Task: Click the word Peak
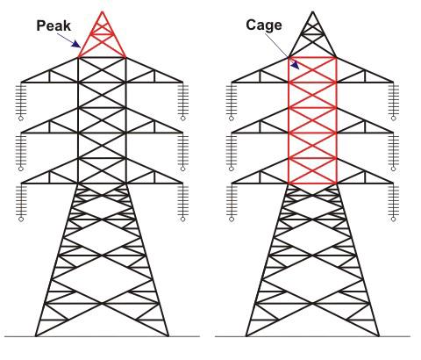[x=54, y=25]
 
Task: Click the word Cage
[x=264, y=25]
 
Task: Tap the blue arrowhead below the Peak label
[x=76, y=44]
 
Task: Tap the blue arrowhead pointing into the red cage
[x=295, y=65]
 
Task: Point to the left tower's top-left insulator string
[x=21, y=101]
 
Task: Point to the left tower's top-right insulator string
[x=183, y=101]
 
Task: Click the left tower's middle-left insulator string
[x=21, y=152]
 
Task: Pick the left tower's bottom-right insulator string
[x=183, y=202]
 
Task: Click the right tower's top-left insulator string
[x=232, y=101]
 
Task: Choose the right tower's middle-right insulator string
[x=394, y=152]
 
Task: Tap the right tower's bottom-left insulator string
[x=232, y=202]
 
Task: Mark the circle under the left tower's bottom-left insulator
[x=21, y=220]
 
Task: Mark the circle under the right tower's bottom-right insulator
[x=394, y=220]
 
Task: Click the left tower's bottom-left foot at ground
[x=36, y=336]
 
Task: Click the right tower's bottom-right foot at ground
[x=379, y=336]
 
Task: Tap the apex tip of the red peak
[x=102, y=11]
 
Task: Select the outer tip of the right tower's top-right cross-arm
[x=394, y=83]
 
